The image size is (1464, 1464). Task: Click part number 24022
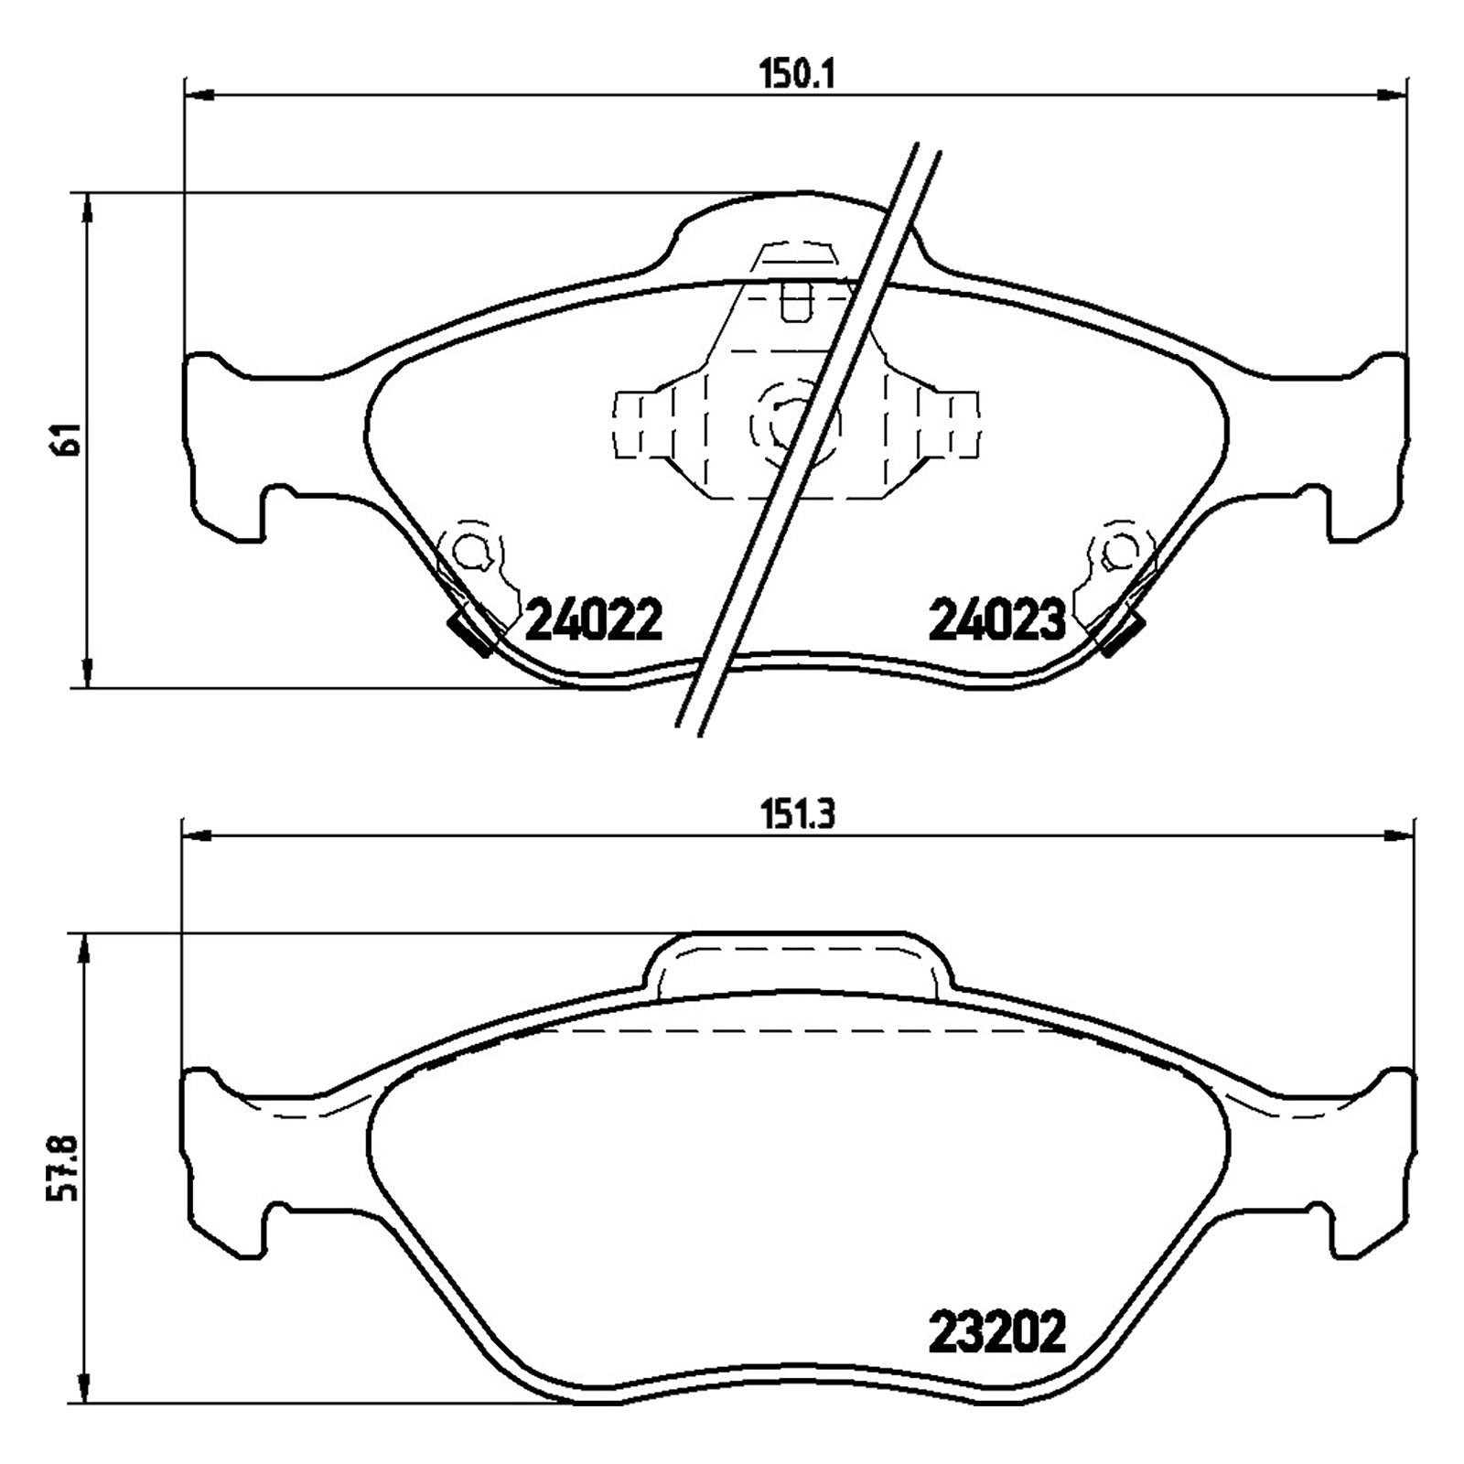tap(594, 621)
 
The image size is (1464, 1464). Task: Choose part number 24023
tap(997, 621)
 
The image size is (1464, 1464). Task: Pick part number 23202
tap(997, 1358)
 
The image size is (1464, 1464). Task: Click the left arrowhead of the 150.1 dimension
tap(199, 93)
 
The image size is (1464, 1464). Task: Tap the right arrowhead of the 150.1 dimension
tap(1392, 93)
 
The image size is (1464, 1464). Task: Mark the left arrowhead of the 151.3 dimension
tap(199, 834)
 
